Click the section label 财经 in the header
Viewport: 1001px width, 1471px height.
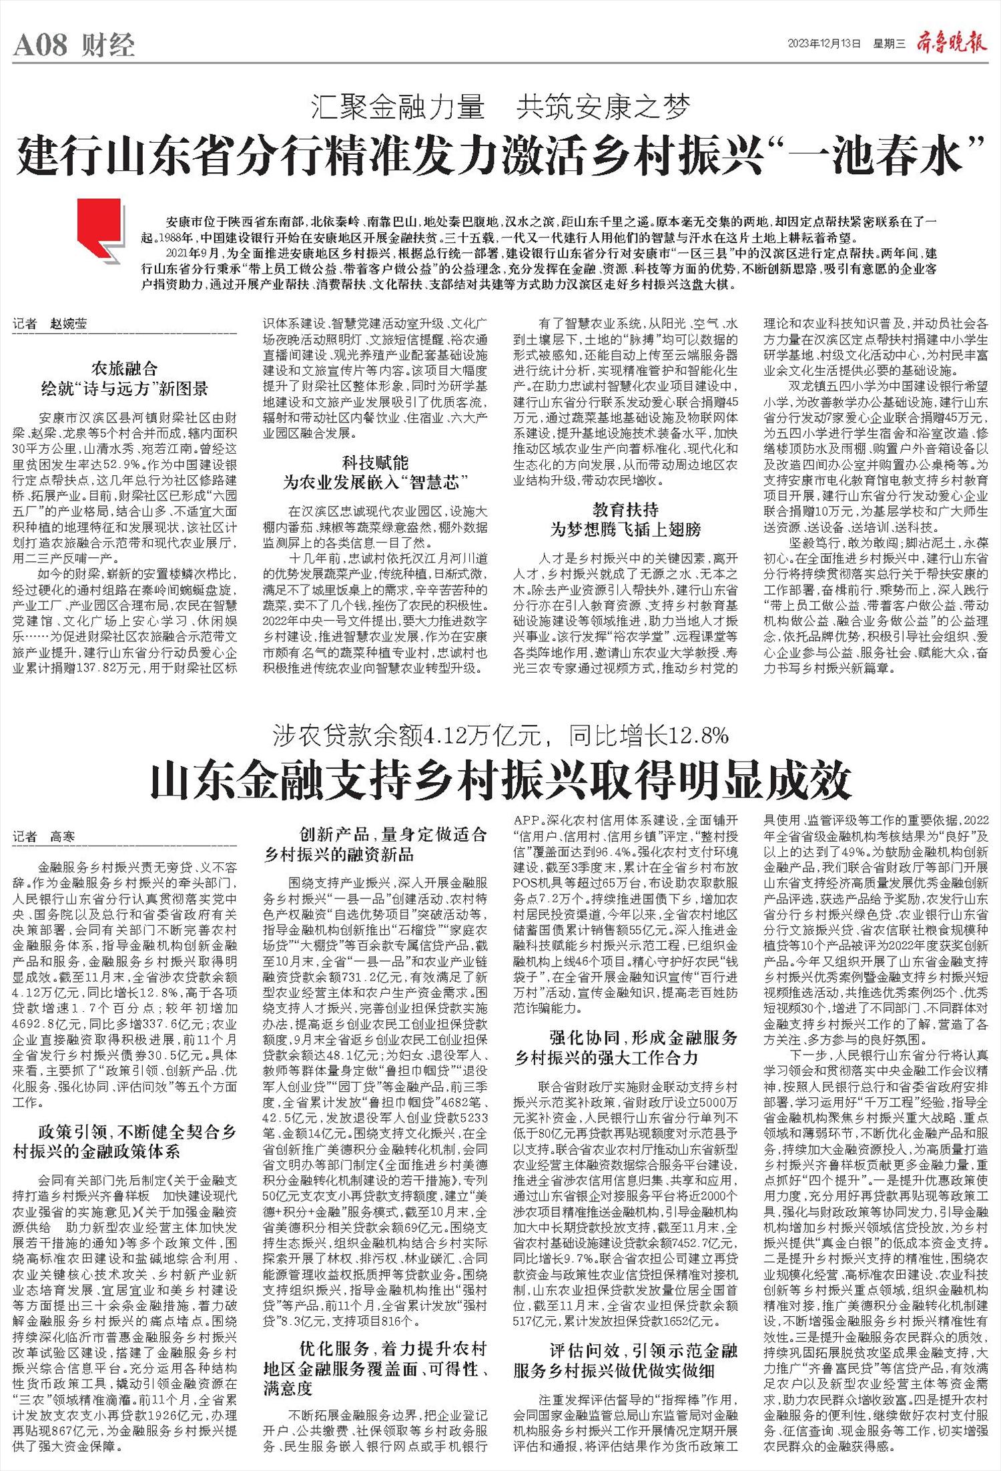tap(109, 45)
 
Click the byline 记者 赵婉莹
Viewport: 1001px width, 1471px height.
tap(49, 324)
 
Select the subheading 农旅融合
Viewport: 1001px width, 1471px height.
tap(125, 368)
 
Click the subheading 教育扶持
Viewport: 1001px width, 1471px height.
tap(625, 510)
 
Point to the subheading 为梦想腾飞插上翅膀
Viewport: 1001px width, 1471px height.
tap(625, 530)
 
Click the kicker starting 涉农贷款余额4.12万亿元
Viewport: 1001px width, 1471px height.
tap(500, 735)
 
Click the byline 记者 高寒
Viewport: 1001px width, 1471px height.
tap(44, 836)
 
